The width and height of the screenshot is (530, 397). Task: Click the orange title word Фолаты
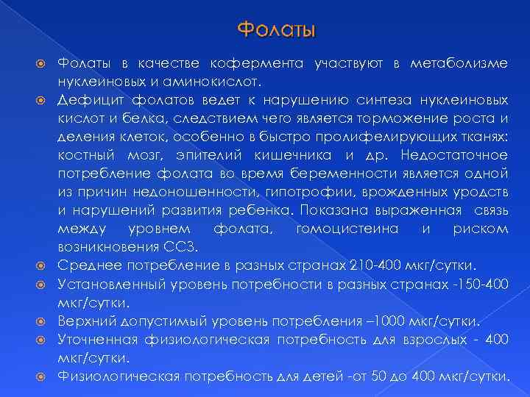point(277,30)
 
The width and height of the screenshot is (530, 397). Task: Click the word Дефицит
point(84,100)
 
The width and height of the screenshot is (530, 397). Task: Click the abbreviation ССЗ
point(144,247)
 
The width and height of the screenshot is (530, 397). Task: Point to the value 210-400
point(396,265)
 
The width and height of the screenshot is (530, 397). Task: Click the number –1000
point(383,321)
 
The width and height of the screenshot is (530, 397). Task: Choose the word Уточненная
point(92,340)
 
